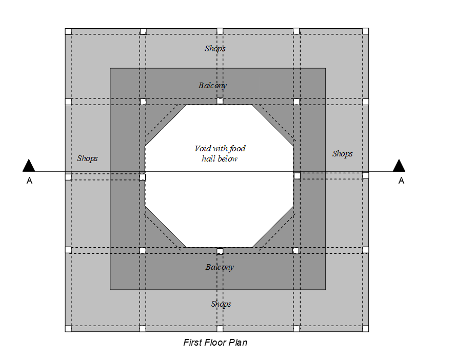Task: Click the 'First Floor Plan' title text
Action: [215, 343]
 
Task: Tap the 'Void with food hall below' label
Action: [220, 153]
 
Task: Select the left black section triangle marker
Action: [29, 165]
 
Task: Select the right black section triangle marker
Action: [399, 165]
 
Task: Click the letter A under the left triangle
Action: [29, 181]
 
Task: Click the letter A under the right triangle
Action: [401, 181]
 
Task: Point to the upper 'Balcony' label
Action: [212, 86]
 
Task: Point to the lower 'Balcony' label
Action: [220, 267]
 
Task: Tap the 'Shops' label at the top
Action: [215, 49]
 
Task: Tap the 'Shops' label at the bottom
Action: [221, 304]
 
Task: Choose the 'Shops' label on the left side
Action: [87, 158]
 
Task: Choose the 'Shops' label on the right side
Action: [342, 154]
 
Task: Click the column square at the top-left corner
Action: [68, 31]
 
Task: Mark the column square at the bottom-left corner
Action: [68, 328]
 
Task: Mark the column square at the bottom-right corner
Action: [366, 328]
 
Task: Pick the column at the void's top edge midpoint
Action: [220, 101]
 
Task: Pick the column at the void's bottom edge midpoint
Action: [220, 251]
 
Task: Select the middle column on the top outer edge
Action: [220, 31]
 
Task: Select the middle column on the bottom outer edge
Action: [220, 328]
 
